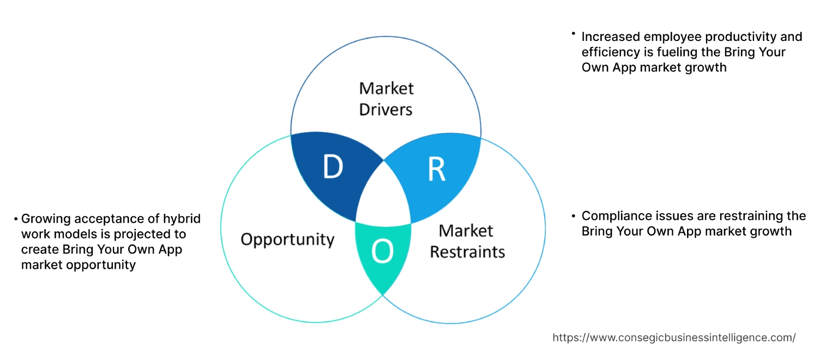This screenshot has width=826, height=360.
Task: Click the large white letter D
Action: [x=333, y=167]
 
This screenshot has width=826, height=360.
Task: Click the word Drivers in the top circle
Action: [x=386, y=109]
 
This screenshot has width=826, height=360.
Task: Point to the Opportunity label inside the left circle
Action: [x=287, y=239]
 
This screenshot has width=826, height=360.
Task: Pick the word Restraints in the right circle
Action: [x=467, y=251]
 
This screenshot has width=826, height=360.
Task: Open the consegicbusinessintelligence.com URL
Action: [x=674, y=338]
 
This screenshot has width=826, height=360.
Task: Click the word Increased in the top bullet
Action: [x=609, y=37]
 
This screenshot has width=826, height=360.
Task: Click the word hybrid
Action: [x=182, y=219]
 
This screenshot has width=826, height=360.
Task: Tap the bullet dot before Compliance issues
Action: [x=574, y=215]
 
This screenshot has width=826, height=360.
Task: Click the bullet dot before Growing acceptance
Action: [x=16, y=219]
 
